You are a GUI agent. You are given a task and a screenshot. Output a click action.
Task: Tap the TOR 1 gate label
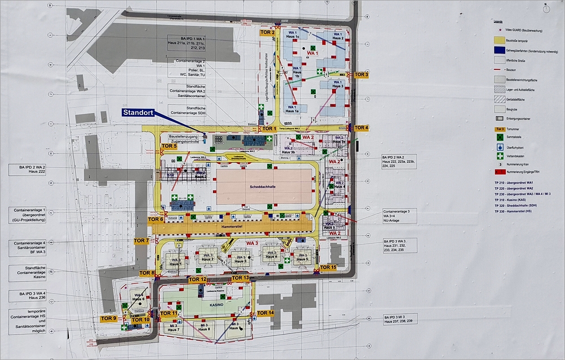coord(268,128)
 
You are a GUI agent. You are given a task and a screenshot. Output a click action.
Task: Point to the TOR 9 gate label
coord(108,318)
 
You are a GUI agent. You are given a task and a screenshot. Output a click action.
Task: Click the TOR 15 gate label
coord(328,267)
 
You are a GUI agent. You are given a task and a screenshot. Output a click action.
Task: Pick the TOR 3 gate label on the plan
coord(361,74)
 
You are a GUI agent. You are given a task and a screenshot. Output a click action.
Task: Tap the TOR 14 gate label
coord(264,313)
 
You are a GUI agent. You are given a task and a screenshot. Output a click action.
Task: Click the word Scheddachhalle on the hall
coord(264,187)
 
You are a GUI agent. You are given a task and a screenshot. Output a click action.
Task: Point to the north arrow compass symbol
coord(545,8)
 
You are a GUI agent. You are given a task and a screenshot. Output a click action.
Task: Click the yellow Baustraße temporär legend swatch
coord(498,41)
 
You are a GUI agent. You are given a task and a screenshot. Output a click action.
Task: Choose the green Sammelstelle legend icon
coord(498,137)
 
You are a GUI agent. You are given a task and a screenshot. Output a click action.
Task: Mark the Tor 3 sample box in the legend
coord(498,128)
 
